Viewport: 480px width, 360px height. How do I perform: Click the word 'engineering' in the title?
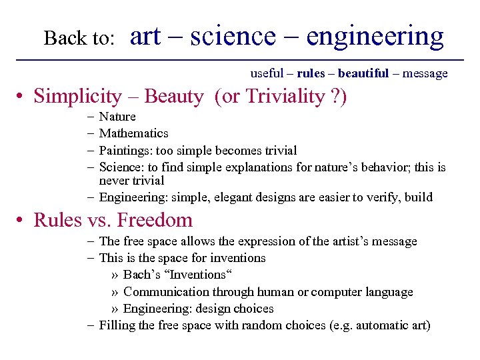[375, 37]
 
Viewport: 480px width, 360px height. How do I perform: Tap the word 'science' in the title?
[232, 37]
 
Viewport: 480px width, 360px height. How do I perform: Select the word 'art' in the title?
[145, 37]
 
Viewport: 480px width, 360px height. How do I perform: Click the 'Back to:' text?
[79, 39]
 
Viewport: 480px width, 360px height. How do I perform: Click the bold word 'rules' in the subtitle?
[311, 73]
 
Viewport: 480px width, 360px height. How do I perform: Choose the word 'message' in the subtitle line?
[425, 73]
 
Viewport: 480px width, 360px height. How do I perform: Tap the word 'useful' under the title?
[267, 73]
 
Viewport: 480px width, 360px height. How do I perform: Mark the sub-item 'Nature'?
[117, 117]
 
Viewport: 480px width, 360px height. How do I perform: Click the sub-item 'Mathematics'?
[133, 133]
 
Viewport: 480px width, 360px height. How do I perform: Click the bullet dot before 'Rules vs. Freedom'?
[21, 221]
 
